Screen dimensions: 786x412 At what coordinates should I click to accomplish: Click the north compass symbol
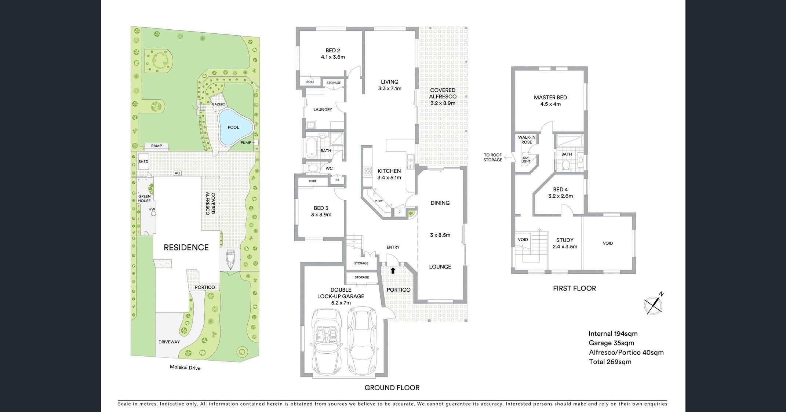click(x=654, y=304)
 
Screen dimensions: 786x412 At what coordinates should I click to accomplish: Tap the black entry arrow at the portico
click(x=393, y=271)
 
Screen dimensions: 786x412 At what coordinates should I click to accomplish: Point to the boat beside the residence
click(x=230, y=259)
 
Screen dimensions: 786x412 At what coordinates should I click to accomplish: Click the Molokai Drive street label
click(x=185, y=367)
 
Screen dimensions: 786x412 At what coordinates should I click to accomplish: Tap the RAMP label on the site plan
click(x=156, y=146)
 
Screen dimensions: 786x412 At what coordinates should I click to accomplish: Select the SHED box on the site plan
click(x=143, y=162)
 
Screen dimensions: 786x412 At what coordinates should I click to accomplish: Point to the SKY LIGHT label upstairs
click(x=526, y=159)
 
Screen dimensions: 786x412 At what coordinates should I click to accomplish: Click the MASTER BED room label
click(x=550, y=98)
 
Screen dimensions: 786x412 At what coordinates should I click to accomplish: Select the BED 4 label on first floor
click(x=560, y=190)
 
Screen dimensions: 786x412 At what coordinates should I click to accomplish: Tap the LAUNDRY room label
click(x=323, y=110)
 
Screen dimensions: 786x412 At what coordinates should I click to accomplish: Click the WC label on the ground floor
click(x=329, y=168)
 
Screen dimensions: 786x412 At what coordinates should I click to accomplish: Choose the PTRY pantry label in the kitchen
click(x=379, y=201)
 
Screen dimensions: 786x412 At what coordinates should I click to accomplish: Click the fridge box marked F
click(x=400, y=212)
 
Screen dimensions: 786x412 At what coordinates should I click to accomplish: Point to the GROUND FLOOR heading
click(x=392, y=388)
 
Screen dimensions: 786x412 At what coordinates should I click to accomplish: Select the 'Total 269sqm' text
click(x=610, y=362)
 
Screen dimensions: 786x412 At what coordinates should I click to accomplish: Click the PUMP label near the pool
click(x=246, y=143)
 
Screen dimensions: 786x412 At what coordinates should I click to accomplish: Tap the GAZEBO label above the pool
click(x=218, y=105)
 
